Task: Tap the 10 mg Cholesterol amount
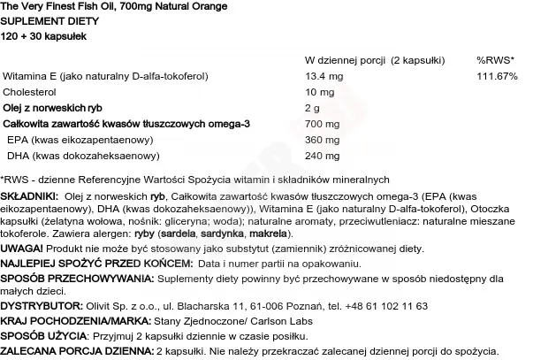318,92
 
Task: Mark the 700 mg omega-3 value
320,124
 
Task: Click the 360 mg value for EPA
320,140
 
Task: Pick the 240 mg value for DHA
320,156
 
